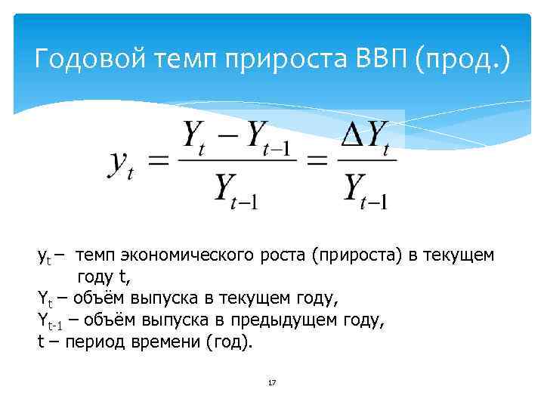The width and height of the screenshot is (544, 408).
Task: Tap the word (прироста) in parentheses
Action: [x=357, y=256]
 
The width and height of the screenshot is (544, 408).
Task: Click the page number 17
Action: [x=272, y=383]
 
